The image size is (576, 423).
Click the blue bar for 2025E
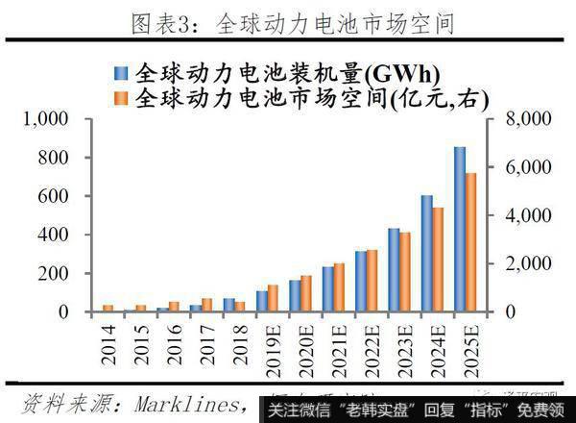click(460, 230)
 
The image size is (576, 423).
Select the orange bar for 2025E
click(471, 242)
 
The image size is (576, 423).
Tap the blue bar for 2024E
click(427, 254)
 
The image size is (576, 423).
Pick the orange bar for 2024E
click(439, 260)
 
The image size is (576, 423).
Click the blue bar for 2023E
click(394, 270)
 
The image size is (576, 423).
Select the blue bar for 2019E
click(262, 301)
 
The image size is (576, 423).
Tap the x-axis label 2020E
click(304, 348)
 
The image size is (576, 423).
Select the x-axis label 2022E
click(370, 348)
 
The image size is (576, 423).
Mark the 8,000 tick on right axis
click(519, 119)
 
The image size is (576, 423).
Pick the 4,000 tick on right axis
click(519, 215)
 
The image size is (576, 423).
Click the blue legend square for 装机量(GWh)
click(120, 73)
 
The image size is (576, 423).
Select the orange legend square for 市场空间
click(120, 97)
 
